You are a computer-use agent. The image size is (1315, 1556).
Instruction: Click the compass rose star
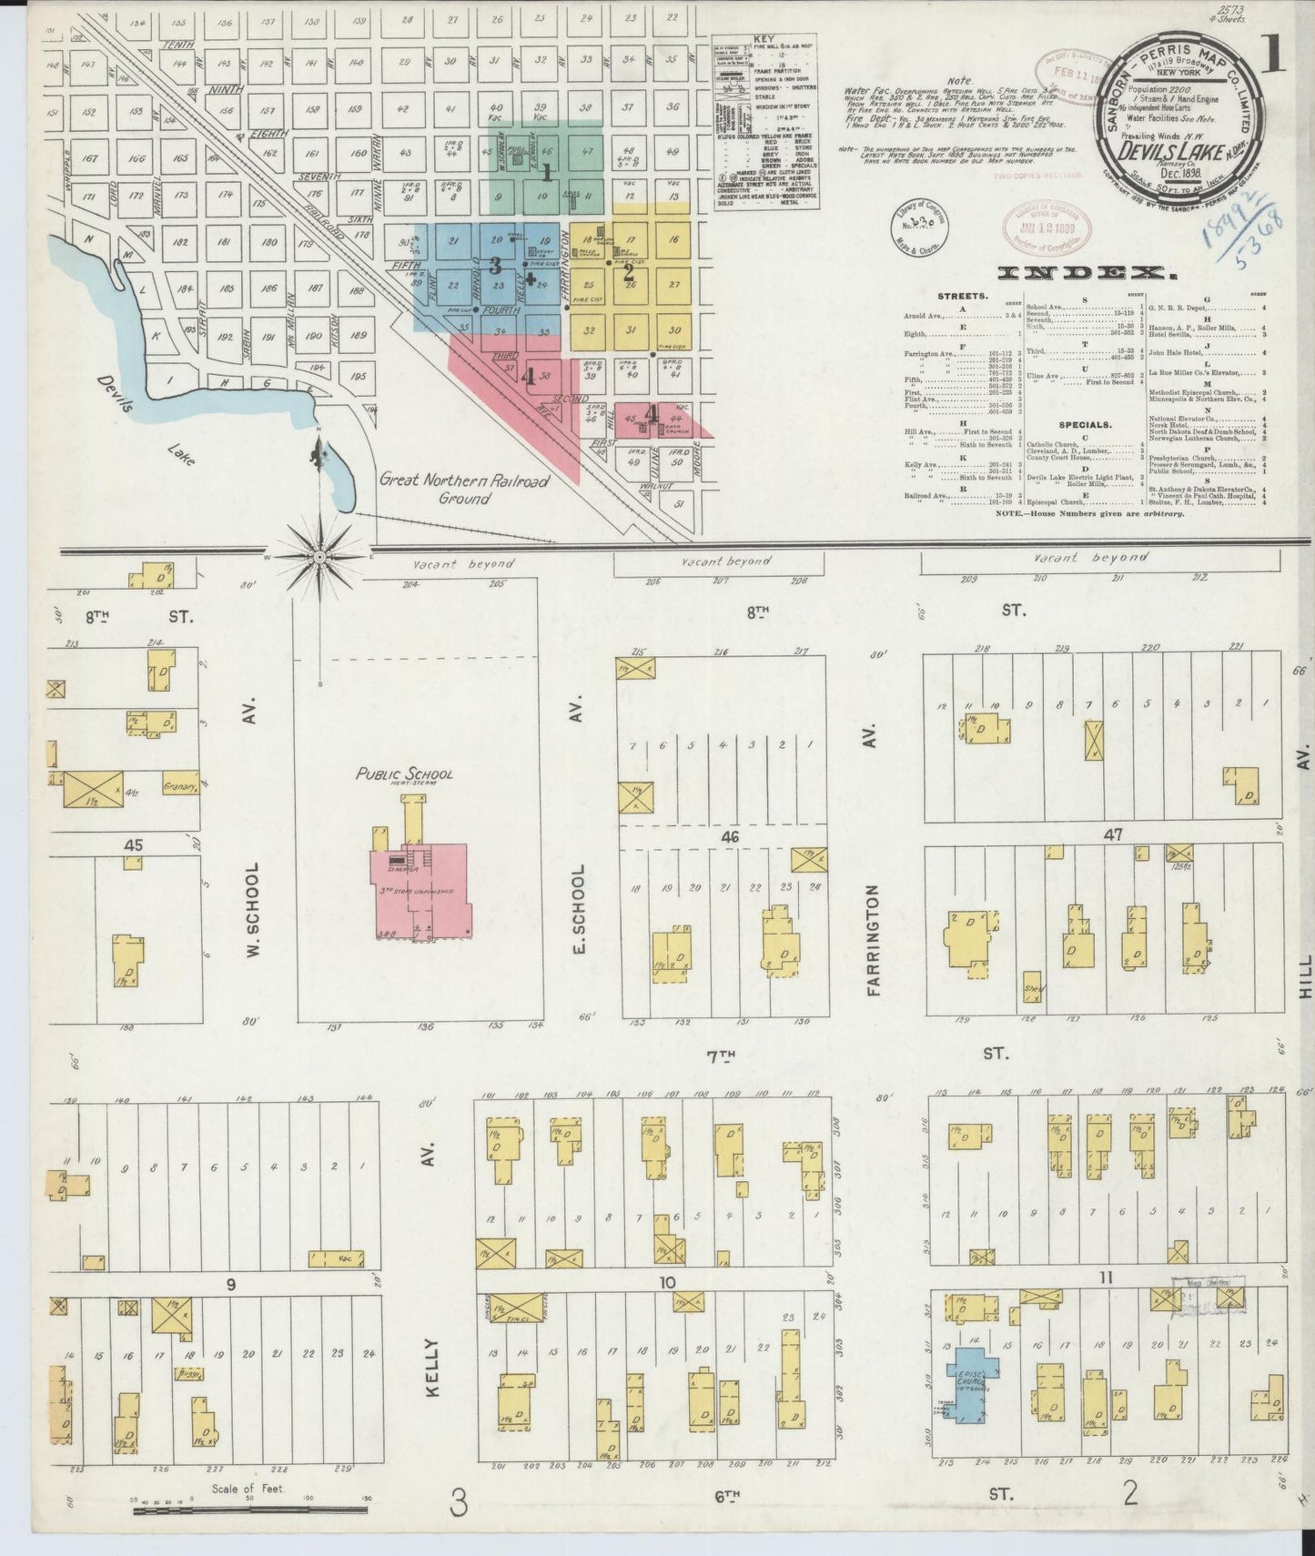coord(320,554)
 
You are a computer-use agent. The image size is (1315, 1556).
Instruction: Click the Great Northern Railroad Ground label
coord(463,489)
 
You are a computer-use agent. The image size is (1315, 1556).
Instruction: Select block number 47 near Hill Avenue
coord(1113,834)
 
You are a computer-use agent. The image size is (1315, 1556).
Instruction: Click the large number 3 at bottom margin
coord(459,1497)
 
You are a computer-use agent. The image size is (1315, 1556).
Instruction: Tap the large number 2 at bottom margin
coord(1130,1492)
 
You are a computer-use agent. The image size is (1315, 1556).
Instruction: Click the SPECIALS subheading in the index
coord(1085,424)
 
